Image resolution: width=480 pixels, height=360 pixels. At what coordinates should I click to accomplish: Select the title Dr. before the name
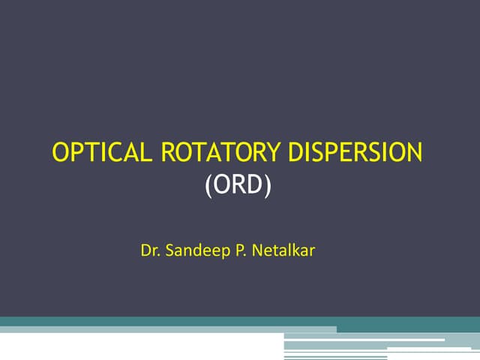click(x=149, y=248)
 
